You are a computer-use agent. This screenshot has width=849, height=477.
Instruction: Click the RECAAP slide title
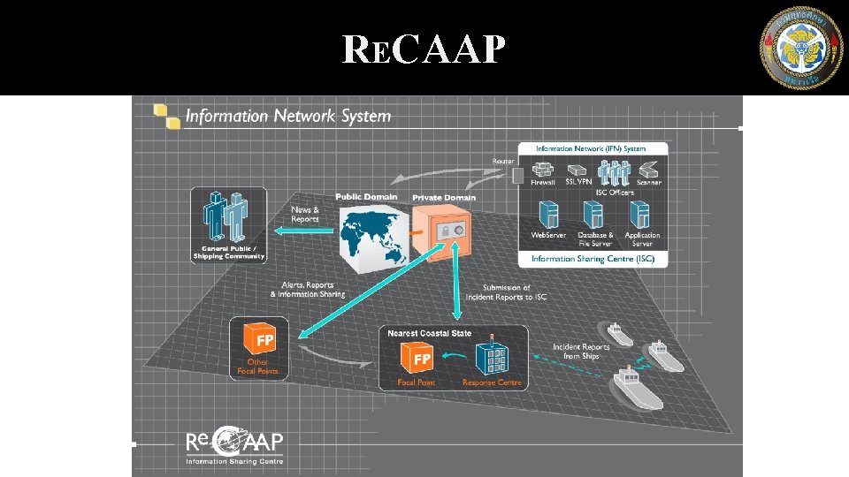[424, 51]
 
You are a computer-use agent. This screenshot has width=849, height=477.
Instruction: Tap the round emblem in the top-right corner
[801, 48]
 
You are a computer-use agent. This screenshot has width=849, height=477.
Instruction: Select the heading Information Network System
[287, 116]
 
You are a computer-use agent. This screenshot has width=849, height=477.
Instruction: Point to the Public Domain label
[366, 196]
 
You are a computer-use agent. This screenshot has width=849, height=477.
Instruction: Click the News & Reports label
[305, 214]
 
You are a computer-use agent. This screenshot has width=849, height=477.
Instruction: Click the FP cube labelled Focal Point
[417, 359]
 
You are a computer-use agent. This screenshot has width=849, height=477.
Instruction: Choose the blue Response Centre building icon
[492, 358]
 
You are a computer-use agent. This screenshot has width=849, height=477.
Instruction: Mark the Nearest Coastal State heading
[430, 333]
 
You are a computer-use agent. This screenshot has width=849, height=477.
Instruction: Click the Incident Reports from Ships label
[581, 351]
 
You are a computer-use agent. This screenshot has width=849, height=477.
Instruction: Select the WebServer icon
[548, 215]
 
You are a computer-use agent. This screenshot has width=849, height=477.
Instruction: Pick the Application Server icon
[640, 215]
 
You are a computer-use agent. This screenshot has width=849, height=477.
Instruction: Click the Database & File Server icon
[594, 215]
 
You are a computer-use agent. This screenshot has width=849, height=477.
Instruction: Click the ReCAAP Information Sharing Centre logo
[234, 447]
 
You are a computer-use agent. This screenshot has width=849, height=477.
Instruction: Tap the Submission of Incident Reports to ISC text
[507, 292]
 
